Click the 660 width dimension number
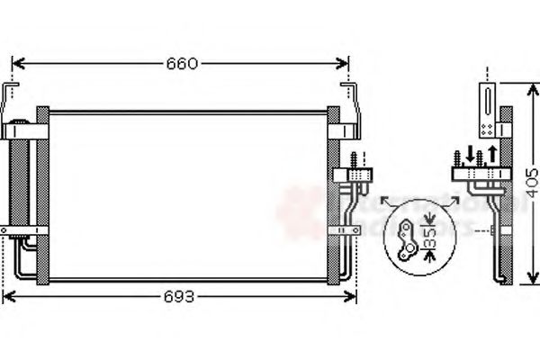180,64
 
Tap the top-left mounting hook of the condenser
12,93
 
